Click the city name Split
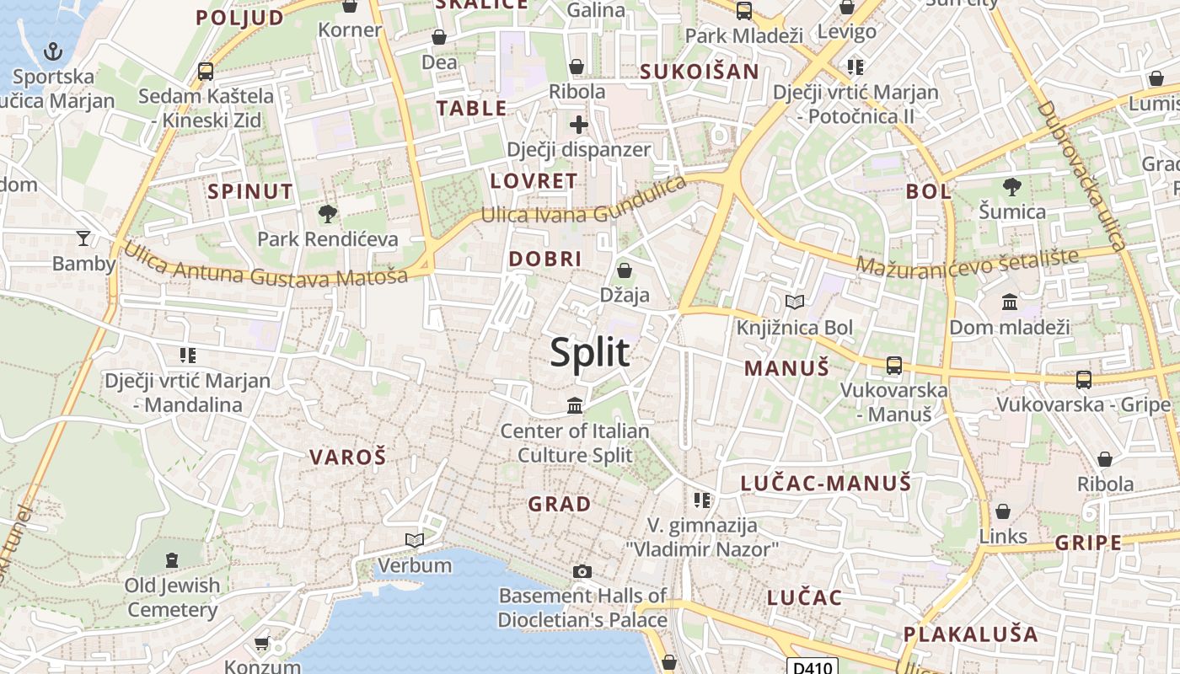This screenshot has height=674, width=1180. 590,352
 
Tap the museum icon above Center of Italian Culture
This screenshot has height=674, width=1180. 575,406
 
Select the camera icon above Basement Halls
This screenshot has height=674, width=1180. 582,572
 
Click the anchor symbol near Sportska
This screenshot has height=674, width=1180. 53,51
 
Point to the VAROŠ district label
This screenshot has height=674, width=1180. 347,457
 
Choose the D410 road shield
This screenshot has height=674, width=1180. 813,666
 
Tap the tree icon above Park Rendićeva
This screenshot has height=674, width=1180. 327,214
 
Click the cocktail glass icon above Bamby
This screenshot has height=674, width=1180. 83,238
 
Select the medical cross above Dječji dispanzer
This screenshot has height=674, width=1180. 578,126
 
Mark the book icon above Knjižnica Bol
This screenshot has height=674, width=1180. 794,302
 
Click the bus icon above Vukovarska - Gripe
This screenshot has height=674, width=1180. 1084,380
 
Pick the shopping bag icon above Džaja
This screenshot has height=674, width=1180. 625,270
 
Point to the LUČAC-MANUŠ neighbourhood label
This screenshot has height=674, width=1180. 826,484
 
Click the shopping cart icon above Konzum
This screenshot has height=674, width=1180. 262,643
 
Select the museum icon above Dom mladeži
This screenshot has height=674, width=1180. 1009,302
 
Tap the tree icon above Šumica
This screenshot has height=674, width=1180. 1012,187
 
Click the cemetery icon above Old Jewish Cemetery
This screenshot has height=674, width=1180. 172,560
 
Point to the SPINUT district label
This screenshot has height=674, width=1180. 250,191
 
